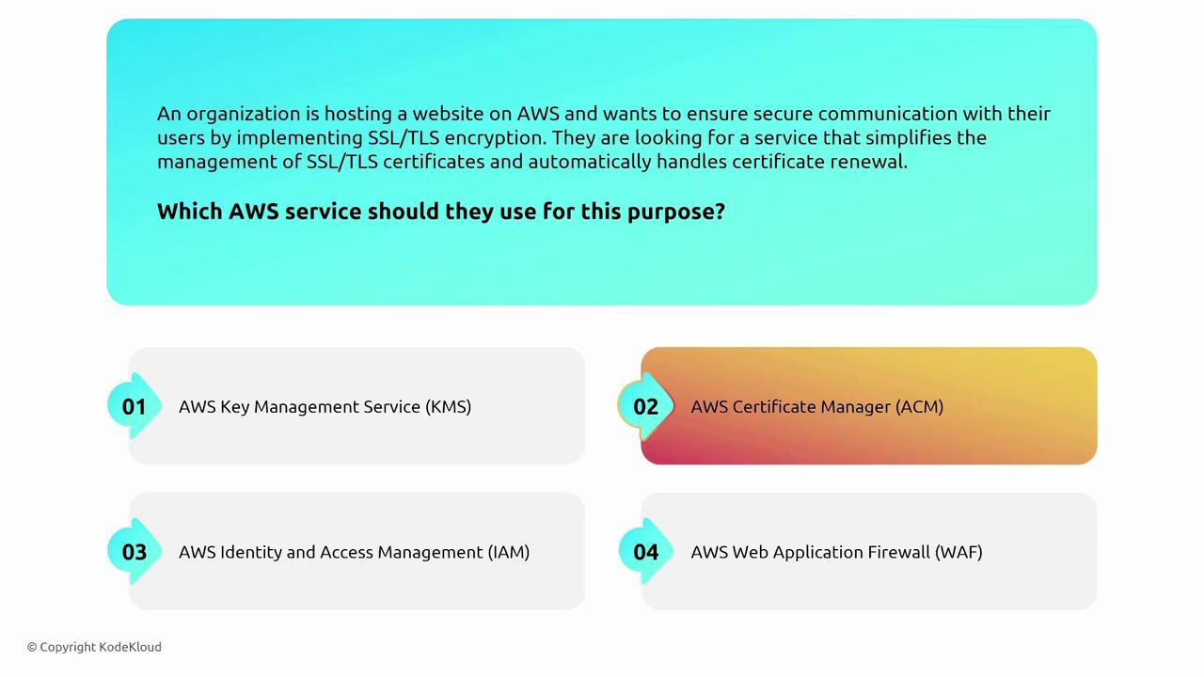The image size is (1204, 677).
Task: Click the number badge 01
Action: tap(135, 406)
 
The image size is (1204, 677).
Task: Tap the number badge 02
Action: tap(645, 406)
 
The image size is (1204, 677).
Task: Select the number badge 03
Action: tap(135, 552)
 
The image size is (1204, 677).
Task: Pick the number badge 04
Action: tap(645, 552)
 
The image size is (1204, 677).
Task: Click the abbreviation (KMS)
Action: tap(448, 407)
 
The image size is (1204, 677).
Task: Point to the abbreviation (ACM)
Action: tap(919, 407)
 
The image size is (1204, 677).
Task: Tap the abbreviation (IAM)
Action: tap(509, 552)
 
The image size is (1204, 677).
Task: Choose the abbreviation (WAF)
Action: tap(958, 552)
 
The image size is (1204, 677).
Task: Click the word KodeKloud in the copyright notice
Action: tap(130, 647)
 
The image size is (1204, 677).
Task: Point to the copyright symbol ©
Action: tap(32, 648)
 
